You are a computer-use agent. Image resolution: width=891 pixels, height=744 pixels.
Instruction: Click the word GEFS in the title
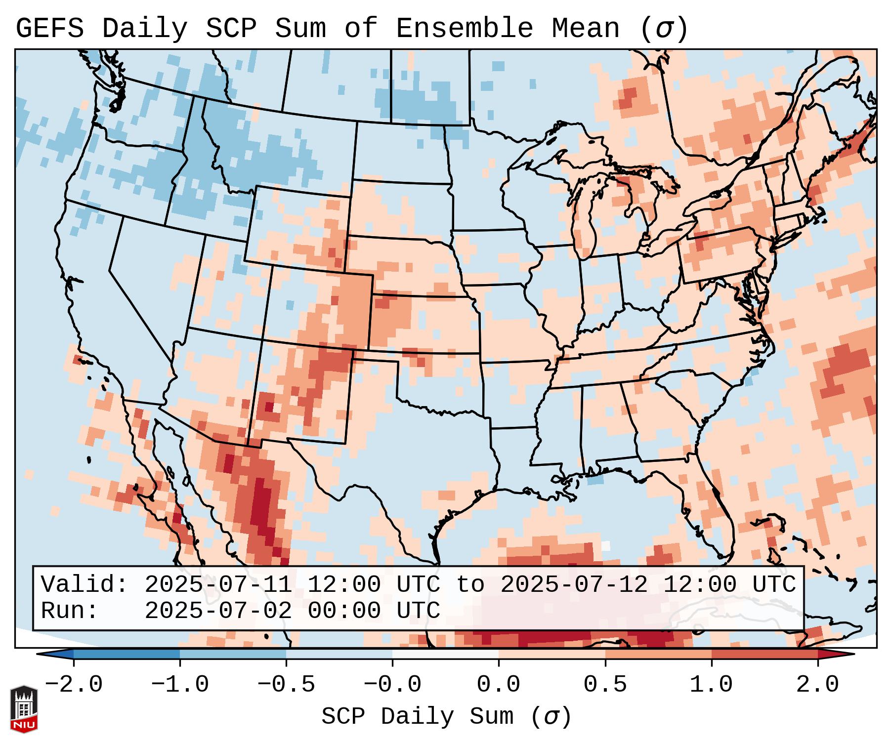click(x=49, y=29)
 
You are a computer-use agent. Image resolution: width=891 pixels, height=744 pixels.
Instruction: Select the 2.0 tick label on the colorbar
click(x=817, y=685)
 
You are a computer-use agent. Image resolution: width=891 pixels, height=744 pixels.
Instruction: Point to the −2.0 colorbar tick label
click(x=74, y=685)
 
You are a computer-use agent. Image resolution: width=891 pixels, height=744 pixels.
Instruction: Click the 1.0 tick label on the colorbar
click(x=711, y=685)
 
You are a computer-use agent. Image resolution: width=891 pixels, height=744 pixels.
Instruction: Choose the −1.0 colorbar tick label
click(x=180, y=685)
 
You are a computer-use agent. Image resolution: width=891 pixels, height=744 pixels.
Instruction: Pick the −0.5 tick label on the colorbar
click(x=286, y=685)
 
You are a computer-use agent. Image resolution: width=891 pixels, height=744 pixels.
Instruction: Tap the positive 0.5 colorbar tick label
click(x=605, y=685)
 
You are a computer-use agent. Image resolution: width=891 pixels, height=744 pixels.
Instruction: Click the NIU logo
click(x=24, y=708)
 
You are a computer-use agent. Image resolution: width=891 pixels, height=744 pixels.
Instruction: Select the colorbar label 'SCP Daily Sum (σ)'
click(x=446, y=717)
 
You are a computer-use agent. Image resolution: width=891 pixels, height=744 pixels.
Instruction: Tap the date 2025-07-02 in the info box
click(x=218, y=611)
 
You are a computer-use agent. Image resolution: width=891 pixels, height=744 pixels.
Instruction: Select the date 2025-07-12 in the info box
click(x=574, y=585)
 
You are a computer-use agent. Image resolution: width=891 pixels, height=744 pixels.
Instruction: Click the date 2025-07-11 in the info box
click(x=218, y=585)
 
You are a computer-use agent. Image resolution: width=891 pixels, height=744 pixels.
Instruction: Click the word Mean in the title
click(x=585, y=29)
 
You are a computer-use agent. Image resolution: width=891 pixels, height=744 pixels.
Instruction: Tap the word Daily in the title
click(x=144, y=29)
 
